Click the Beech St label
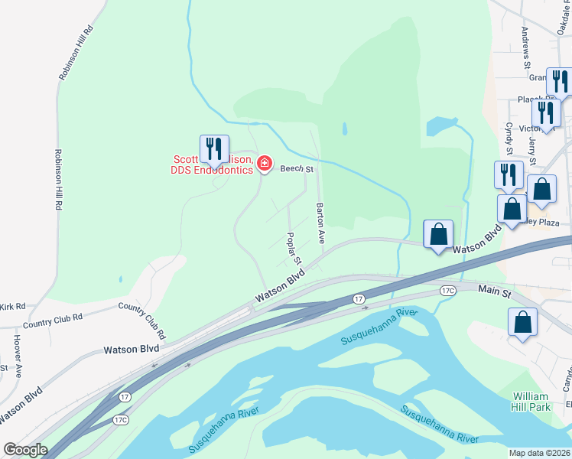297,168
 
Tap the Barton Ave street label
321,223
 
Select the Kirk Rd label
12,306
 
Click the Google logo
24,450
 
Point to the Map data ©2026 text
539,453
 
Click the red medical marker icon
265,163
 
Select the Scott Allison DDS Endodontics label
212,164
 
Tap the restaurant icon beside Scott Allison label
214,148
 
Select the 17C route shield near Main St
448,290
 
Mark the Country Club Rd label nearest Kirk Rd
52,319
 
